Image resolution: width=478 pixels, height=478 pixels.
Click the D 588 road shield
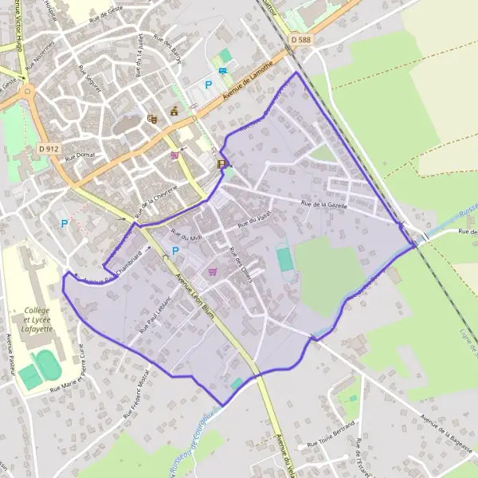coord(300,38)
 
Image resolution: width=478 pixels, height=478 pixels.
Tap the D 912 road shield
coord(49,148)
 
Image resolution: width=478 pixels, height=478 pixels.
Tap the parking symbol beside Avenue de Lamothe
coord(210,84)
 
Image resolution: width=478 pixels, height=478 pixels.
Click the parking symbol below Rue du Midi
coord(175,251)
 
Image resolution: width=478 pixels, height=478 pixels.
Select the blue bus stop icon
coord(224,70)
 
